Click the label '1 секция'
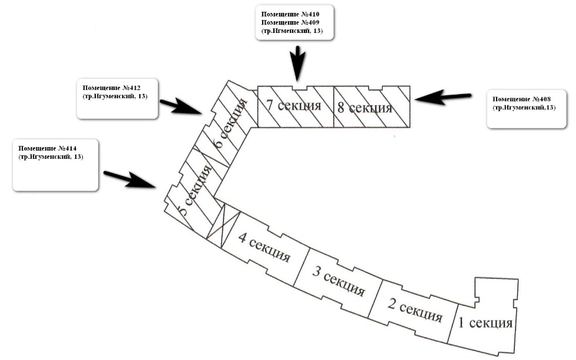486,323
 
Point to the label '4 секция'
263,248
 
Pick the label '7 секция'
293,106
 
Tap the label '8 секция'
364,108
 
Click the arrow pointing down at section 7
299,64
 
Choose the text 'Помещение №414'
48,149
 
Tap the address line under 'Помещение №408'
524,108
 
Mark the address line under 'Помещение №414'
51,158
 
